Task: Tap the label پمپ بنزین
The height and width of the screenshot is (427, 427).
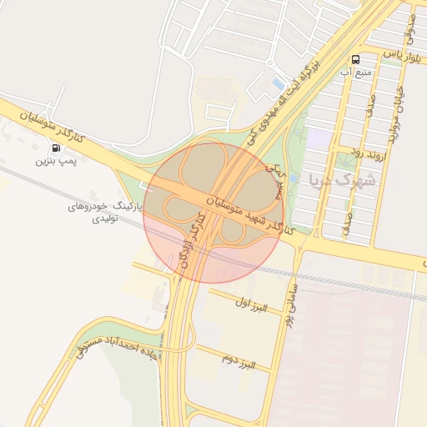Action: [56, 160]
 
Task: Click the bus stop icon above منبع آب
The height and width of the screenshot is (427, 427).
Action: [356, 59]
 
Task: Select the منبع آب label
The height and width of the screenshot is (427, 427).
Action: [356, 73]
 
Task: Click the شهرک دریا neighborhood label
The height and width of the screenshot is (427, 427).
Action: [342, 179]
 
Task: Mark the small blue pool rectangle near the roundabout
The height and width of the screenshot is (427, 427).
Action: [278, 83]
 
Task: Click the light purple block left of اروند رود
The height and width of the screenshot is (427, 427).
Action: [318, 139]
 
